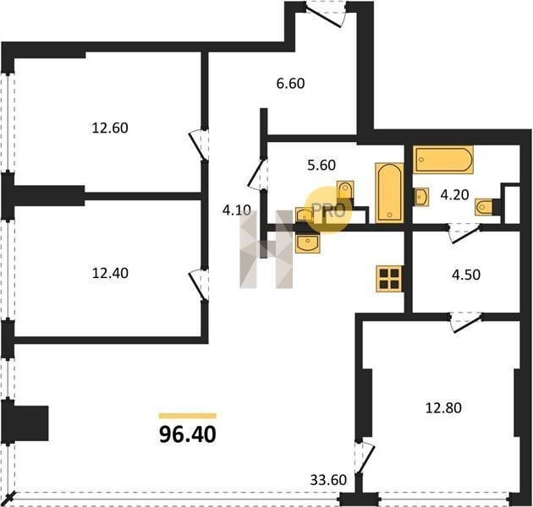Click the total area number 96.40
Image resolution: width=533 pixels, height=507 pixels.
[187, 434]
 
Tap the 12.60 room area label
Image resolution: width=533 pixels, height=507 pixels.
[110, 128]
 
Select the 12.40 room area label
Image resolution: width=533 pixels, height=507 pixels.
[110, 273]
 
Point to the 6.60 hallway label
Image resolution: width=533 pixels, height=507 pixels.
[290, 83]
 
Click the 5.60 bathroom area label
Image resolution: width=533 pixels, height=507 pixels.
[321, 165]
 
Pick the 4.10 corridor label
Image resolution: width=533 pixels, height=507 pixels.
[237, 210]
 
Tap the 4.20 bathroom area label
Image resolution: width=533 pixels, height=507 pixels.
[454, 195]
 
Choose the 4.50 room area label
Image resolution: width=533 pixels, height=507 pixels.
[466, 275]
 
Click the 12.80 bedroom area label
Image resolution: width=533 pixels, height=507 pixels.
[443, 407]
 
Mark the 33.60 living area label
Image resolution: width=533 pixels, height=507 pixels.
[328, 480]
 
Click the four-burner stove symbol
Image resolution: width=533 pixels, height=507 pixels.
[389, 279]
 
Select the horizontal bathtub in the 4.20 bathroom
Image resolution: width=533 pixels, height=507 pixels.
[443, 159]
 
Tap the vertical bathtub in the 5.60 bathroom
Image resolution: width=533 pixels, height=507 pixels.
[389, 193]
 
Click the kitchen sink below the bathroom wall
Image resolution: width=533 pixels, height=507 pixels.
[308, 243]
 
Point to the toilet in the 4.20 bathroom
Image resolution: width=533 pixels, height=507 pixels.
[484, 207]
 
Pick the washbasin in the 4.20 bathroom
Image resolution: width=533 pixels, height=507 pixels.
[420, 196]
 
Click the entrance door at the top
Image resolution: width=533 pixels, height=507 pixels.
[326, 14]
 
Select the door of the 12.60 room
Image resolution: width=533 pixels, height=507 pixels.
[199, 144]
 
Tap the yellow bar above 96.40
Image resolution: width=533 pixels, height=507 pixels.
[188, 416]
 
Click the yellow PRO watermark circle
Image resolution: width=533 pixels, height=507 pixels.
[327, 210]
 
